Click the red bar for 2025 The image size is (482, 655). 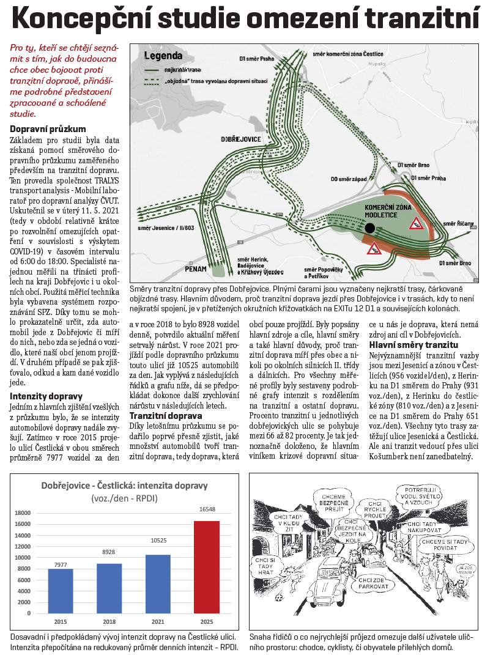pyautogui.click(x=206, y=568)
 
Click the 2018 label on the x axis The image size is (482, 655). pyautogui.click(x=109, y=621)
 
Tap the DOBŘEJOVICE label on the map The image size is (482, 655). pyautogui.click(x=242, y=139)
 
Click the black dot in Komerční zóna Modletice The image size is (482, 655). pyautogui.click(x=369, y=228)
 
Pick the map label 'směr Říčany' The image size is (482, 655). pyautogui.click(x=458, y=224)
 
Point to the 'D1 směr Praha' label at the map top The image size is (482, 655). pyautogui.click(x=256, y=59)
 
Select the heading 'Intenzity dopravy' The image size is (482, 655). pyautogui.click(x=46, y=396)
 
